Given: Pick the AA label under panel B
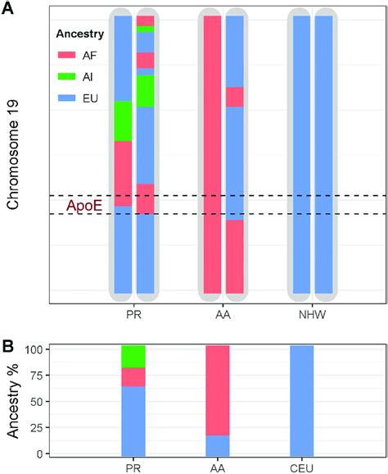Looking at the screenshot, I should pyautogui.click(x=217, y=467).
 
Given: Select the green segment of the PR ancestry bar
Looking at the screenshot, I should pyautogui.click(x=133, y=356).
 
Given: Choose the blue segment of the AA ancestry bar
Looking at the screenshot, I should pyautogui.click(x=217, y=444).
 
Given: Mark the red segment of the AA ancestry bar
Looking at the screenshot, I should pyautogui.click(x=217, y=390).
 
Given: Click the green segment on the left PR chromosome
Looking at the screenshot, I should pyautogui.click(x=123, y=121).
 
